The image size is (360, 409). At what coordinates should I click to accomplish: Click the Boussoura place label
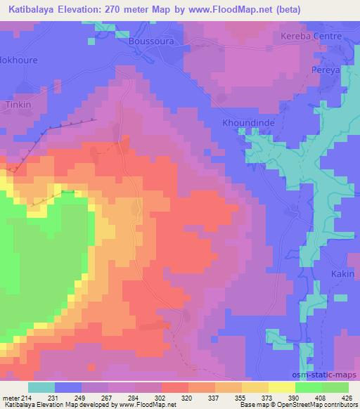click(150, 41)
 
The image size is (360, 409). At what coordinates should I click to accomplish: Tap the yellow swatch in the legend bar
click(281, 387)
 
